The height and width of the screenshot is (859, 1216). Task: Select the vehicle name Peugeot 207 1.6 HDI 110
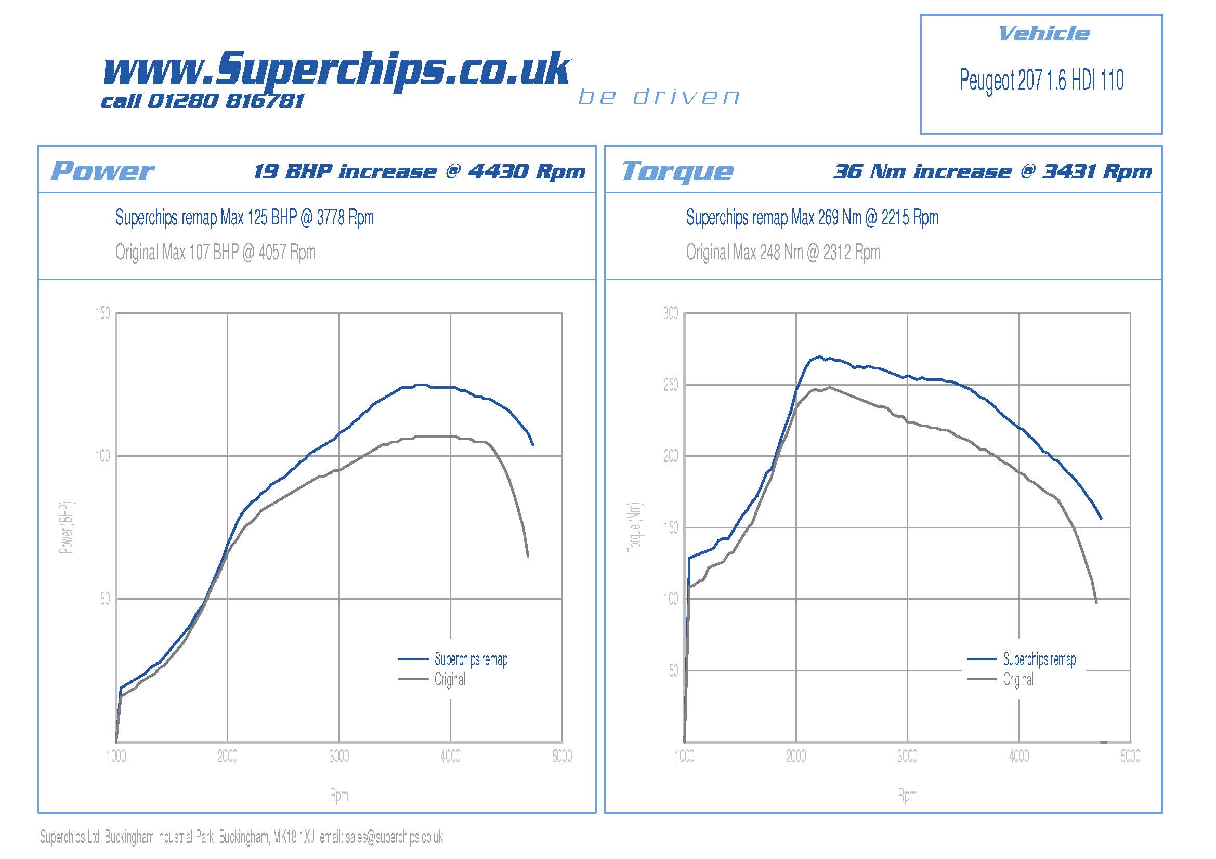click(x=1041, y=81)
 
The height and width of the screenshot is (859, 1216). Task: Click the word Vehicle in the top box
click(x=1043, y=34)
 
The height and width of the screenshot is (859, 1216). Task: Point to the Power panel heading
click(x=102, y=171)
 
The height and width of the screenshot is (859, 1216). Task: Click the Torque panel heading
click(x=677, y=171)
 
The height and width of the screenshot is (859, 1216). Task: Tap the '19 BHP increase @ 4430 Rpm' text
click(x=420, y=171)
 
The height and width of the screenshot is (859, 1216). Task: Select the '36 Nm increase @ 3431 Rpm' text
click(x=992, y=171)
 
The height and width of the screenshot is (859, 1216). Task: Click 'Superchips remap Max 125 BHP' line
click(x=244, y=218)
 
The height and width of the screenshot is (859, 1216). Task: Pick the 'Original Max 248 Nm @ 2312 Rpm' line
click(x=783, y=253)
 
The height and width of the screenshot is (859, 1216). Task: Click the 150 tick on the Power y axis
click(x=103, y=313)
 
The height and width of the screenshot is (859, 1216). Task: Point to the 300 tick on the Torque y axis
click(x=671, y=313)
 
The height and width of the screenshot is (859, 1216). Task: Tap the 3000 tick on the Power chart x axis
click(x=339, y=756)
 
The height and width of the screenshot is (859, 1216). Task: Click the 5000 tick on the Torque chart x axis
click(x=1130, y=756)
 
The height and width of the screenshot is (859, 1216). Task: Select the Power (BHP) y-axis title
click(x=66, y=527)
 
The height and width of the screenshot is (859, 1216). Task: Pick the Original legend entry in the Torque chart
click(x=1018, y=679)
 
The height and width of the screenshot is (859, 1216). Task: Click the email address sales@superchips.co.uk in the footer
click(x=394, y=837)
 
